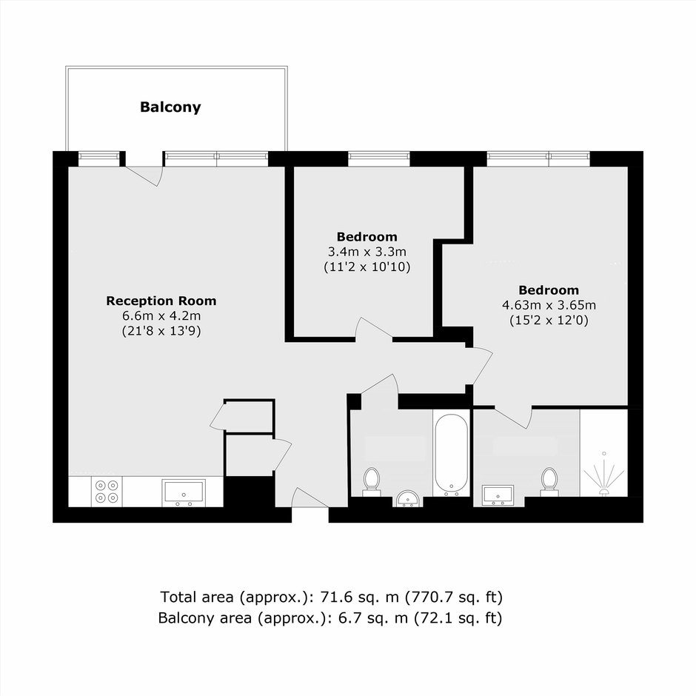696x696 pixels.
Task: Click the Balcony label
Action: coord(170,107)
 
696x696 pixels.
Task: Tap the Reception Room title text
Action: coord(161,301)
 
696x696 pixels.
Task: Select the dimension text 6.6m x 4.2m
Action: coord(161,316)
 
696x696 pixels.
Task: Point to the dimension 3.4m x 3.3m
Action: coord(367,252)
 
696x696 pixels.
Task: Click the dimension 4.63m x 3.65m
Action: coord(549,305)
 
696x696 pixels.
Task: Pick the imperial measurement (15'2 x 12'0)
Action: coord(549,321)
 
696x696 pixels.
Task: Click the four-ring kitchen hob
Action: coord(107,492)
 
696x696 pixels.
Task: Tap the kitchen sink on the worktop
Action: coord(184,492)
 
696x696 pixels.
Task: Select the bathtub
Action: coord(451,455)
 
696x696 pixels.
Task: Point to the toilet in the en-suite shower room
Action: coord(549,481)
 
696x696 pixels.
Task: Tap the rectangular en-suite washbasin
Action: coord(498,495)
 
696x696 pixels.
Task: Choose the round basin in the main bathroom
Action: coord(408,498)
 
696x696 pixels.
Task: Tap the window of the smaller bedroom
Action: coord(378,159)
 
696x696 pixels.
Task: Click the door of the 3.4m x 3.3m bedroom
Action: coord(374,329)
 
